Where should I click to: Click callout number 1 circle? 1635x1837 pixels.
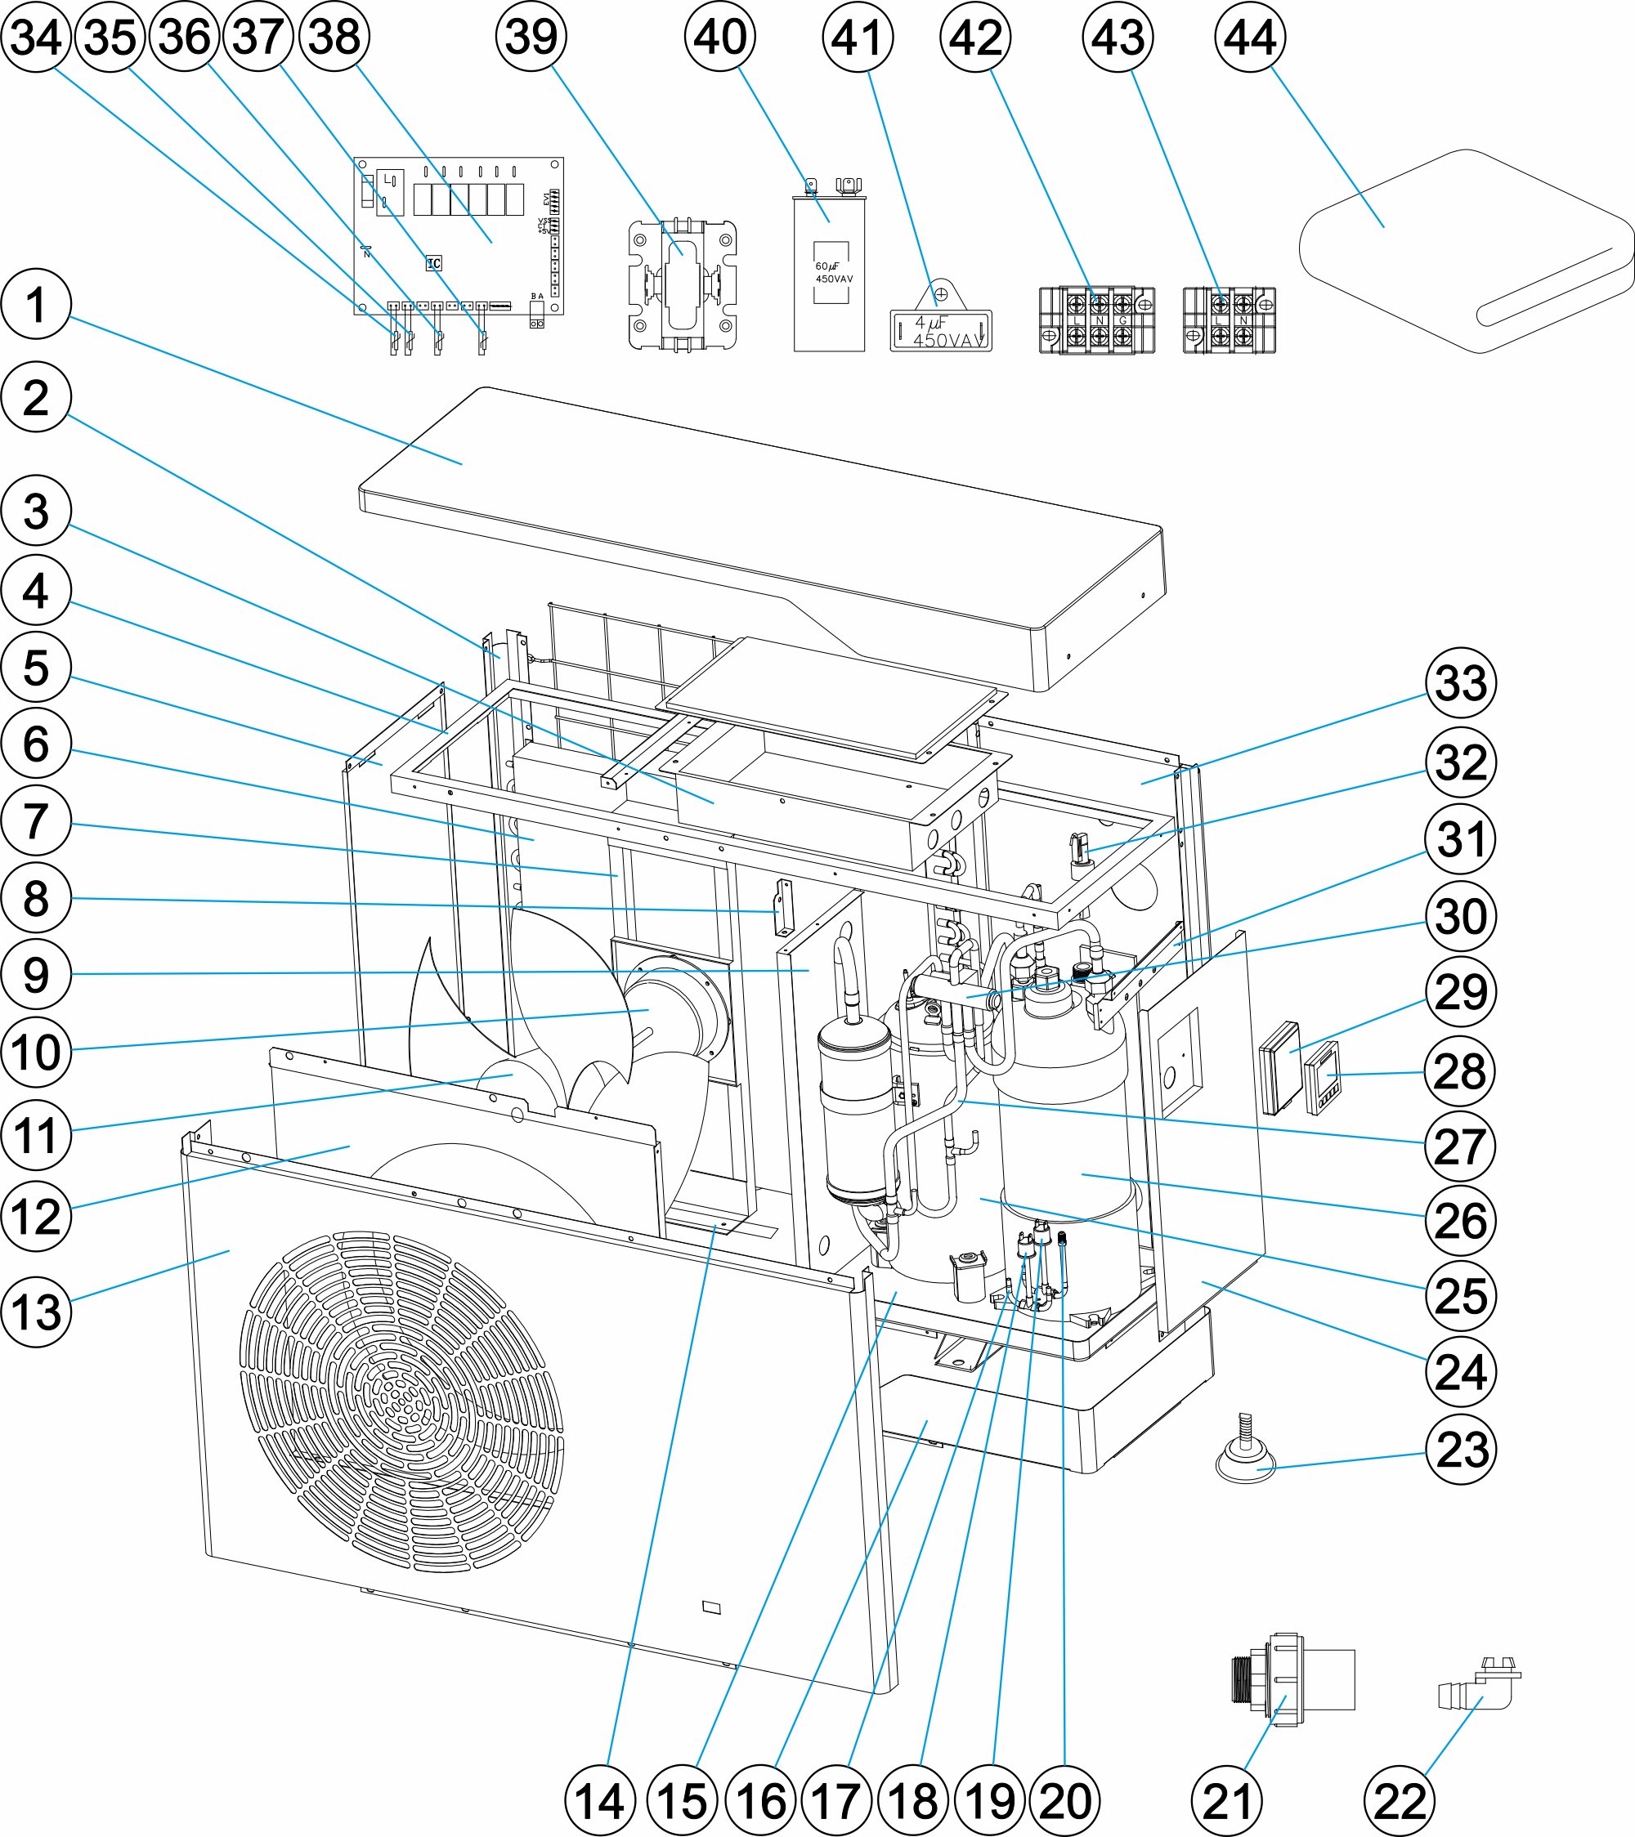pos(36,305)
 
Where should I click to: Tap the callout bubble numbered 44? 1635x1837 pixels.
pos(1249,38)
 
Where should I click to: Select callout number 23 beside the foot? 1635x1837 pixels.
pos(1461,1449)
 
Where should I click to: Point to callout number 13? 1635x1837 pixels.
pos(36,1312)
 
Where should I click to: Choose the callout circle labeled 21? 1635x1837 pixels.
pos(1227,1801)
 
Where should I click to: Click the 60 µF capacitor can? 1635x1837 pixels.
pos(829,274)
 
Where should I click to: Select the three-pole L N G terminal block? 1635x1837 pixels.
pos(1097,321)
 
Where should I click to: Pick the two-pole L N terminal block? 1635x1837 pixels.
pos(1230,321)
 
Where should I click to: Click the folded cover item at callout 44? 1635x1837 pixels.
pos(1465,252)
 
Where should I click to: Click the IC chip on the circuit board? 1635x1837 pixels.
pos(434,263)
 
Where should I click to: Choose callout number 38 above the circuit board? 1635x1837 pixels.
pos(334,38)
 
